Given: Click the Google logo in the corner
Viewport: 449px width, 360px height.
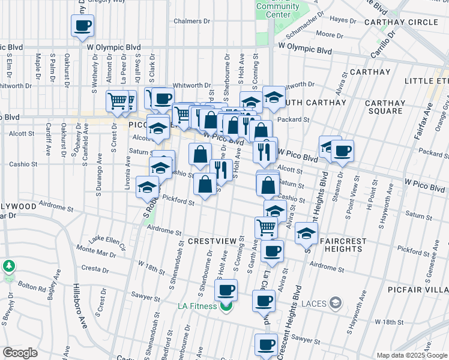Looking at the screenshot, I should pyautogui.click(x=20, y=352).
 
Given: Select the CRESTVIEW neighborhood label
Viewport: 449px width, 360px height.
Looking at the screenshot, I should pyautogui.click(x=212, y=241).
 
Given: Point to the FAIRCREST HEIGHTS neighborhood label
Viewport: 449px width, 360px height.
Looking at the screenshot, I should pyautogui.click(x=343, y=245).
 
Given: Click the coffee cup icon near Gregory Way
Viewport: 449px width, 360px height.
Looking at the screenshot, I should pyautogui.click(x=83, y=26).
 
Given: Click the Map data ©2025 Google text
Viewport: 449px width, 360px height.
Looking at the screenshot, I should pyautogui.click(x=411, y=355).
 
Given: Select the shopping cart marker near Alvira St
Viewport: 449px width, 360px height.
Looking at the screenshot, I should pyautogui.click(x=266, y=227).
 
